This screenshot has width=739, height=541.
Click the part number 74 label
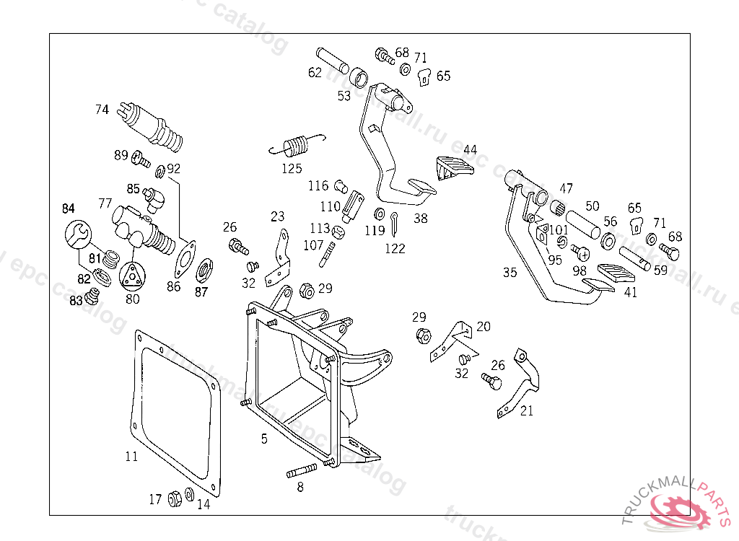pos(102,110)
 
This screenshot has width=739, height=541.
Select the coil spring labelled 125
pos(296,146)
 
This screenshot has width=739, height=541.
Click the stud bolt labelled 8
pos(302,473)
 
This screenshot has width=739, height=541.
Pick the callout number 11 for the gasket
pos(131,456)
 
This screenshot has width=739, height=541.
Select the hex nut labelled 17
pos(174,498)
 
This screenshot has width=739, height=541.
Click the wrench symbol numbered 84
pos(78,234)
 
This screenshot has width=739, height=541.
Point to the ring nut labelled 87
pos(204,270)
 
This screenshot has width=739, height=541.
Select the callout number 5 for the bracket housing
pos(264,438)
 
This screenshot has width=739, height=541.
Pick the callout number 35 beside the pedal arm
pos(510,272)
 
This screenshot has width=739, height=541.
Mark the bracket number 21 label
pos(527,411)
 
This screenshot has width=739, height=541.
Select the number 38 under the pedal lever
pos(420,217)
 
